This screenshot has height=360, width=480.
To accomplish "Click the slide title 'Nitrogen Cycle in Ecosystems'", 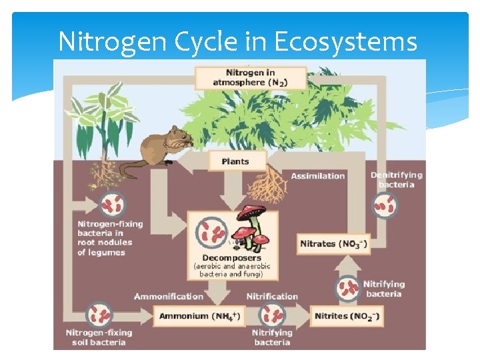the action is click(237, 41).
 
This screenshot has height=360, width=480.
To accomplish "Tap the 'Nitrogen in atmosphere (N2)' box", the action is click(250, 77).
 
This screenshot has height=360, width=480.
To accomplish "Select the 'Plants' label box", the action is click(235, 161).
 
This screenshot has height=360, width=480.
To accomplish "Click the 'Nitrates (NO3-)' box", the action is click(333, 243).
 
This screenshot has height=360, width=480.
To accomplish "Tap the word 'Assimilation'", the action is click(318, 176).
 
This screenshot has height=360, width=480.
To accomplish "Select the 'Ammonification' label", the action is click(169, 296).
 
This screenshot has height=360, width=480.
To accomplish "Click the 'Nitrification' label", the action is click(272, 296).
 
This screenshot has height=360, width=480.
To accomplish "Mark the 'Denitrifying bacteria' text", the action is click(397, 179).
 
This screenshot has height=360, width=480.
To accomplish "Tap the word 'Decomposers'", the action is click(231, 257).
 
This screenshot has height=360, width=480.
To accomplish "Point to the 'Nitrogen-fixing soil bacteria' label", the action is click(99, 337).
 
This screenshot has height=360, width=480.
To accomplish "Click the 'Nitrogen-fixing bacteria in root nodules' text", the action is click(110, 238).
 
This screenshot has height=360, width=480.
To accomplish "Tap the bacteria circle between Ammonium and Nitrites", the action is click(273, 313).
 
